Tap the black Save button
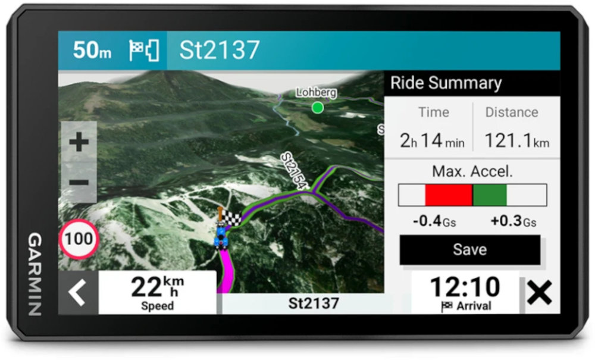pos(470,249)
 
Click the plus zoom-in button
pos(79,142)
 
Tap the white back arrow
pos(77,293)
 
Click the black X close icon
pos(540,293)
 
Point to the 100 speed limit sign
pos(79,239)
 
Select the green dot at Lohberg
pos(318,107)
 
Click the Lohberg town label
pos(317,93)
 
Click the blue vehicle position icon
pos(222,236)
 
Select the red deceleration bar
pos(449,195)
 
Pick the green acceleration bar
pos(490,195)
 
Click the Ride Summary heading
pos(446,83)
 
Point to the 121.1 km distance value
pos(516,141)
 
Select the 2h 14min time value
pos(432,141)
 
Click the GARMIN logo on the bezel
pos(35,274)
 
